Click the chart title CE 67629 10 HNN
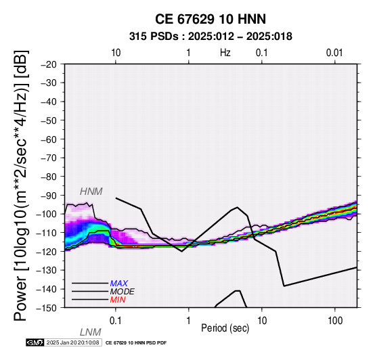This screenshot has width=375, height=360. click(x=211, y=19)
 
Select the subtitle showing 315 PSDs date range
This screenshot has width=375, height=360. click(x=211, y=37)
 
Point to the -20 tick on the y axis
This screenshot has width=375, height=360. click(x=49, y=64)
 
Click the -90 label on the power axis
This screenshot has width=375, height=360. click(x=49, y=196)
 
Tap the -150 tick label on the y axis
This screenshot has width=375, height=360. click(x=47, y=308)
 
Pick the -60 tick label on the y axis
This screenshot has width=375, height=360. click(x=49, y=139)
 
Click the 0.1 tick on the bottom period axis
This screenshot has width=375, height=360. click(x=115, y=321)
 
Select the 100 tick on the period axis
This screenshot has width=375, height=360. click(x=335, y=321)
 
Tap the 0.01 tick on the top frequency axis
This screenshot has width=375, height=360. click(x=334, y=53)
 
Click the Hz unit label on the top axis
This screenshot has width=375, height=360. click(x=225, y=53)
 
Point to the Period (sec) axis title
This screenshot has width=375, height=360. click(x=225, y=328)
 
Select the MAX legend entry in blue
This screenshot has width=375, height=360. click(x=119, y=284)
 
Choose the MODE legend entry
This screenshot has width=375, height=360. click(x=123, y=292)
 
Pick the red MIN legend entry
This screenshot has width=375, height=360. click(x=118, y=300)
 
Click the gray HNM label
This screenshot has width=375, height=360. click(x=91, y=192)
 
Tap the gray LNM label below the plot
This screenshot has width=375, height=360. click(x=91, y=332)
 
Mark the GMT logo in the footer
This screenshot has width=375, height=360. click(x=35, y=342)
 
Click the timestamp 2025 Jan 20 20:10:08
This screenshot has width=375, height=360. click(x=72, y=342)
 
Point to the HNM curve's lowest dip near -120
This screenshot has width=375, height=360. click(x=182, y=251)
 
